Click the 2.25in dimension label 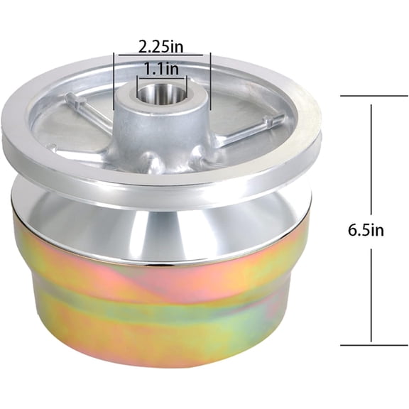coord(160,47)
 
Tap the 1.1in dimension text coord(161,69)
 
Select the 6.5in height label coord(366,230)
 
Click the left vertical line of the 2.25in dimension coord(114,81)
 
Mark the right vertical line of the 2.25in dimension coord(210,81)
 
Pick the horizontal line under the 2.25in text coord(160,55)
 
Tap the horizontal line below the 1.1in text coord(163,77)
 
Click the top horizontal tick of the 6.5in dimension coord(374,97)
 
